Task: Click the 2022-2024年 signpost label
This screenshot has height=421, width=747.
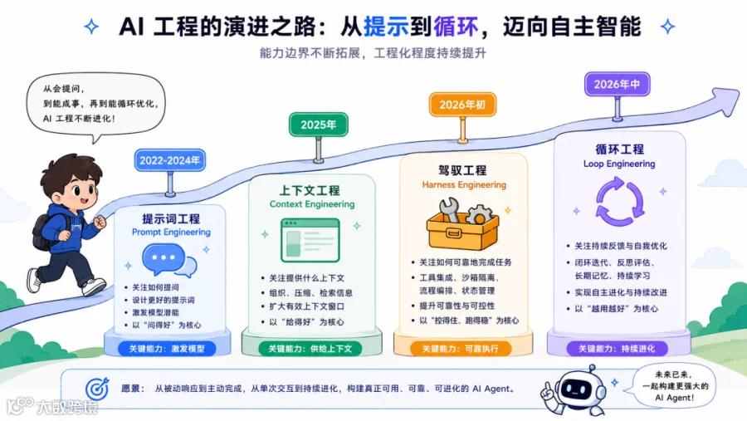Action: (170, 160)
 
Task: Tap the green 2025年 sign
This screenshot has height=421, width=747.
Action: (318, 125)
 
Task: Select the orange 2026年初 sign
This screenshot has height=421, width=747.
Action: (462, 105)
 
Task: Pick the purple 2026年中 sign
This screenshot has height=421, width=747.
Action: (617, 85)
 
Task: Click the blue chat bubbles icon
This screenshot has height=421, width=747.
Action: (169, 261)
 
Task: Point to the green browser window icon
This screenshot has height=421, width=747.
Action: (310, 240)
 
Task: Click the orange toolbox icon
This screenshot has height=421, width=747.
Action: (462, 225)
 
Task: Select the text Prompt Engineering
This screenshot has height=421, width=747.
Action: (171, 233)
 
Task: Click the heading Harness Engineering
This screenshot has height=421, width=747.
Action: (464, 184)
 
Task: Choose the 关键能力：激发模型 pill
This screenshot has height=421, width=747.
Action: (167, 349)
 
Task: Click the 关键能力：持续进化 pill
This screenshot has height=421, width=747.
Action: (617, 349)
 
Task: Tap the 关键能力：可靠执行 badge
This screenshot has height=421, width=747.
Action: (461, 349)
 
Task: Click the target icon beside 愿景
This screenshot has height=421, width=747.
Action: (97, 389)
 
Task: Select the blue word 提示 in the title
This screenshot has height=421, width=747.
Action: (386, 27)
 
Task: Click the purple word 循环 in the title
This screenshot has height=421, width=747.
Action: (456, 27)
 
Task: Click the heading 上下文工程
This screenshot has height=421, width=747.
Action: (310, 190)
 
